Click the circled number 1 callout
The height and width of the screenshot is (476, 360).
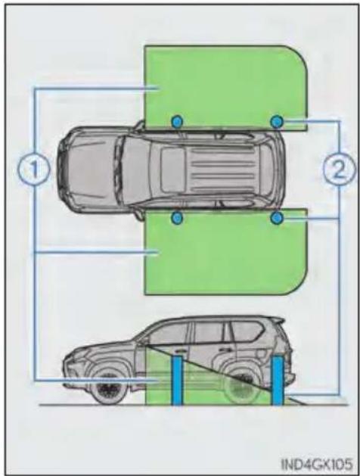pyautogui.click(x=34, y=170)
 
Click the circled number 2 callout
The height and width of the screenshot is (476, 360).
pyautogui.click(x=339, y=170)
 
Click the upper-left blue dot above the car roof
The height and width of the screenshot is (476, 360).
pyautogui.click(x=177, y=122)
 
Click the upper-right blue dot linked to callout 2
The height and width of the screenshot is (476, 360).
pyautogui.click(x=276, y=122)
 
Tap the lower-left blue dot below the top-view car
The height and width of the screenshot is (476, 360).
pyautogui.click(x=177, y=218)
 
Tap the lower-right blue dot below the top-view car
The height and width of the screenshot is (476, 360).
pyautogui.click(x=277, y=218)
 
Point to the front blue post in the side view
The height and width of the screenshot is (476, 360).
pyautogui.click(x=177, y=380)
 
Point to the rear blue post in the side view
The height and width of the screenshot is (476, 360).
pyautogui.click(x=278, y=380)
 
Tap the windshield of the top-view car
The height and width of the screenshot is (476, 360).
pyautogui.click(x=131, y=170)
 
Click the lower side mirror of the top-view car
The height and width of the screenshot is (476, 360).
pyautogui.click(x=140, y=215)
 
